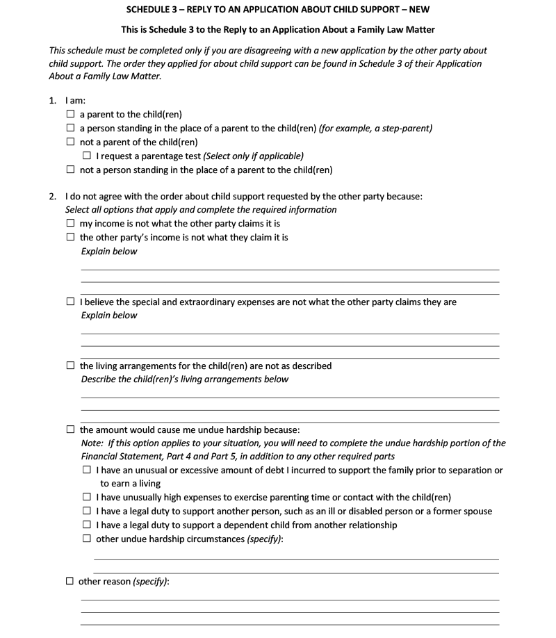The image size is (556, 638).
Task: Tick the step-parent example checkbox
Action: click(x=70, y=129)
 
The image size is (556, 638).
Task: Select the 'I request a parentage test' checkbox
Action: click(x=87, y=156)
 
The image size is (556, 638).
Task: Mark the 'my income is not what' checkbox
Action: click(x=70, y=224)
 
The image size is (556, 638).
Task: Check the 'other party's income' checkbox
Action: click(x=70, y=238)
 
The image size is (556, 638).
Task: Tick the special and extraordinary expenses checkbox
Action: click(x=70, y=302)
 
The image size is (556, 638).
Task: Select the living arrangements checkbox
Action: click(x=70, y=366)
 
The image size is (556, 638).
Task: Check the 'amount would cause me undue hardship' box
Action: click(x=70, y=430)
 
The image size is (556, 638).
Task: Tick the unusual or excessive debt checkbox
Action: click(x=87, y=471)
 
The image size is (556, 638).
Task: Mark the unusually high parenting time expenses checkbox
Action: click(x=87, y=498)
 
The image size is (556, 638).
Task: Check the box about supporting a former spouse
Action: click(x=87, y=512)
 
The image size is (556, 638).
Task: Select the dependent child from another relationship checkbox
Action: click(x=87, y=525)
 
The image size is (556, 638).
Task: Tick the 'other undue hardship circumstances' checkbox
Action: click(x=87, y=539)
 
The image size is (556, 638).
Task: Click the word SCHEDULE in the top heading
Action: click(x=149, y=10)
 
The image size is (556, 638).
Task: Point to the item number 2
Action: click(x=53, y=197)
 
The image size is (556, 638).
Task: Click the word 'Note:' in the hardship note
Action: click(x=93, y=443)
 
